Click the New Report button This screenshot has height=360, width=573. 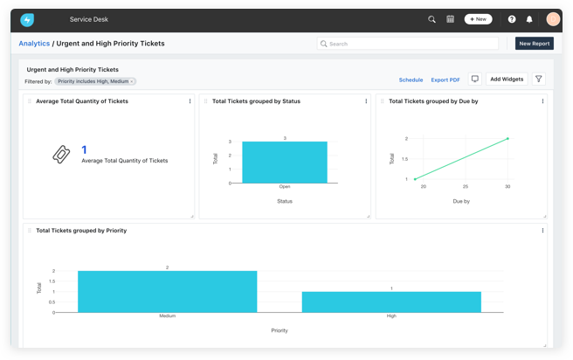coord(534,43)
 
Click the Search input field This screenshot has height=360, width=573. coord(408,43)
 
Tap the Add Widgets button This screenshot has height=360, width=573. coord(507,79)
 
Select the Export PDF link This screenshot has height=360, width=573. coord(445,80)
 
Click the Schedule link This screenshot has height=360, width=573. coord(411,80)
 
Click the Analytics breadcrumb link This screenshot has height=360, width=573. coord(34,43)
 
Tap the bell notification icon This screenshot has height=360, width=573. coord(528,19)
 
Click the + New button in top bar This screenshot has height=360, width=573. coord(478,18)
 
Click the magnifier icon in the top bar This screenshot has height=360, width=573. coord(431,19)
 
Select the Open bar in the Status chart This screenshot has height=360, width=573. coord(285,163)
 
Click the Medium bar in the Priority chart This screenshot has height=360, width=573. coord(168,291)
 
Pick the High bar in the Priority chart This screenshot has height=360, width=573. coord(391,301)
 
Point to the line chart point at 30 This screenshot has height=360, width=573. coord(507,138)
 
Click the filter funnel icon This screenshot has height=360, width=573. coord(539,79)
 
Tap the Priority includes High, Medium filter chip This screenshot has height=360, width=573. coord(95,81)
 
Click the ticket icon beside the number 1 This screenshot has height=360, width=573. coord(60,155)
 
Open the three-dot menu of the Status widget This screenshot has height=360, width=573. coord(366,101)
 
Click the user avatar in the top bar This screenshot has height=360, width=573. coord(553,19)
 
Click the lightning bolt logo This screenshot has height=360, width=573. coord(27,19)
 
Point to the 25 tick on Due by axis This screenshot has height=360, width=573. coord(466,186)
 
